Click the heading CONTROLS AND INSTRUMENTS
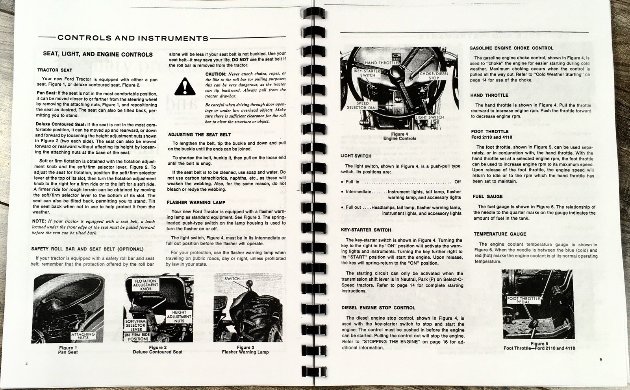coord(133,39)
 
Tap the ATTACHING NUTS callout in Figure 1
coord(83,335)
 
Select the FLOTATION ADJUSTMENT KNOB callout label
coord(146,285)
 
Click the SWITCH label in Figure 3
coord(232,278)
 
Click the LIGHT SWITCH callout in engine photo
coord(430,117)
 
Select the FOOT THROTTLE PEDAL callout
coord(523,300)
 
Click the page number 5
coord(601,359)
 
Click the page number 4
coord(26,364)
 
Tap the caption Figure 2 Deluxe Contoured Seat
coord(157,350)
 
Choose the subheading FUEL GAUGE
coord(487,197)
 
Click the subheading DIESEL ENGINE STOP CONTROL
coord(378,308)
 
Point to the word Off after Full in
coord(457,182)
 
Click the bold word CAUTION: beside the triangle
coord(215,74)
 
